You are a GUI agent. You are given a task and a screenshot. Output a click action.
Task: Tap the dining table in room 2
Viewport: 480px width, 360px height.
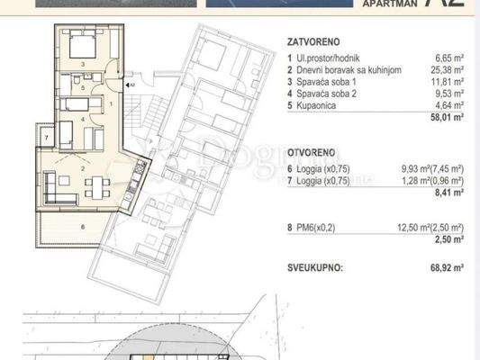[x=95, y=187]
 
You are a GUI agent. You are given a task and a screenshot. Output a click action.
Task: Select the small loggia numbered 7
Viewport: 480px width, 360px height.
[x=45, y=137]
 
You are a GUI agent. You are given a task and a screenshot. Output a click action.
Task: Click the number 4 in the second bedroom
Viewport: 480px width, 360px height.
[x=82, y=118]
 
